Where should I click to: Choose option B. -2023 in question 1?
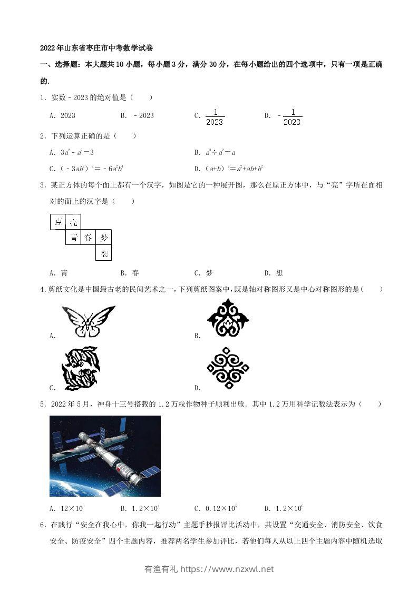tap(137, 116)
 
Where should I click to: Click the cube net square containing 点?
tap(58, 222)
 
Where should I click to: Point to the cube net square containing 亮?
tap(73, 222)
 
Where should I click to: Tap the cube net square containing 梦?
tap(104, 238)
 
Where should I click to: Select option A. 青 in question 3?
tap(59, 273)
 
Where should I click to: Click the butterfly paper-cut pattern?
tap(88, 321)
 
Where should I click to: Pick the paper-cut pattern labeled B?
tap(228, 319)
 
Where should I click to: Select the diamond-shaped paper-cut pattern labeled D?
tap(228, 368)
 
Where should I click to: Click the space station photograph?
tap(105, 456)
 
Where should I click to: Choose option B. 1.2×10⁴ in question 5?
tap(140, 508)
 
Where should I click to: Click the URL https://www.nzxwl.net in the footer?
tap(227, 569)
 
